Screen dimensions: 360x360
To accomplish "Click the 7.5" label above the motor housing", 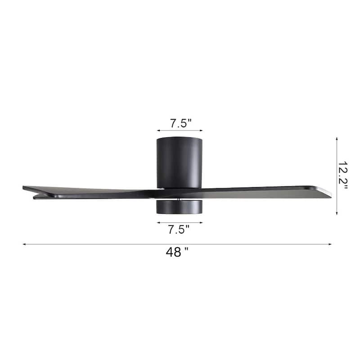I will [x=180, y=123].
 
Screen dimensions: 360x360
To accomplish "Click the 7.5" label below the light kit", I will [x=179, y=229].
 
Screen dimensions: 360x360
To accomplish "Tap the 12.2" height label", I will [x=343, y=176].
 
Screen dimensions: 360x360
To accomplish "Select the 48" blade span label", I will [x=177, y=252].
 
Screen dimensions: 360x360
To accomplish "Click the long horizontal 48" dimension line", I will [x=112, y=244].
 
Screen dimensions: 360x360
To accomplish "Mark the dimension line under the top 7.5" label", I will [x=180, y=131].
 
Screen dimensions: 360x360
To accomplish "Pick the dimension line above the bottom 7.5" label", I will [x=180, y=222].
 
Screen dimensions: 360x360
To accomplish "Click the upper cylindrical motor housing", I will [x=180, y=162].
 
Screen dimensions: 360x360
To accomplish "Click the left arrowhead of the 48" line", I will [x=24, y=244].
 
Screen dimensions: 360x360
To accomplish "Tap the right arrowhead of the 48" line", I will [x=330, y=244].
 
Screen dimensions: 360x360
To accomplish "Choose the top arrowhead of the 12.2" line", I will [x=337, y=139].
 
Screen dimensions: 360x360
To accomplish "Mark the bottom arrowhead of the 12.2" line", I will [x=337, y=213].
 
